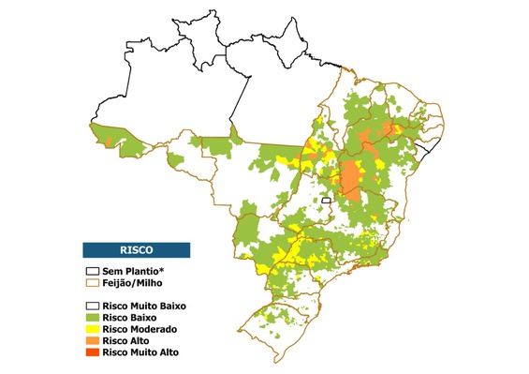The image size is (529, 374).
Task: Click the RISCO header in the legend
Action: tap(137, 250)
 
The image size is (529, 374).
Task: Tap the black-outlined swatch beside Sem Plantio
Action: tap(92, 270)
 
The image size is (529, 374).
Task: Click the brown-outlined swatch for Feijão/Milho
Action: tap(92, 281)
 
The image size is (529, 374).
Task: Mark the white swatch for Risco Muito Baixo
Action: tap(92, 306)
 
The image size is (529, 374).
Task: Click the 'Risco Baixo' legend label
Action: tap(132, 317)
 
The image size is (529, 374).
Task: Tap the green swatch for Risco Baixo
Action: tap(92, 317)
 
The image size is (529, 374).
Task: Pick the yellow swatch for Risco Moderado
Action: tap(92, 329)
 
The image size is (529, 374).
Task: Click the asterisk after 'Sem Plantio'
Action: tap(163, 268)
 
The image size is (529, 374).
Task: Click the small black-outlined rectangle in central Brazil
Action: tap(327, 201)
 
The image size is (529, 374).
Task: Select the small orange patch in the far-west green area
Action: tap(109, 141)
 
